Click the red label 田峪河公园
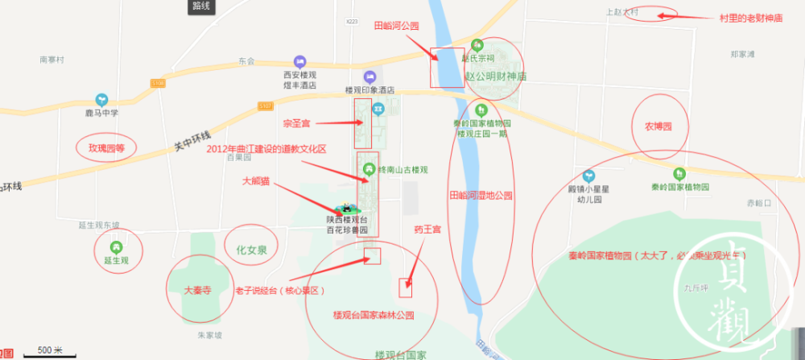point(397,26)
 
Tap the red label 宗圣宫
point(296,124)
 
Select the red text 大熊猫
point(258,182)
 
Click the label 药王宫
point(427,230)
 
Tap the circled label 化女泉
point(250,251)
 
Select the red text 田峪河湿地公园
point(481,196)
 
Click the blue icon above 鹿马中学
point(102,99)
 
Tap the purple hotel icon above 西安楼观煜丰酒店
point(300,61)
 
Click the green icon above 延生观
point(117,246)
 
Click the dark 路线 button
point(201,6)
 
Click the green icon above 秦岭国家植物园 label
point(679,173)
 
